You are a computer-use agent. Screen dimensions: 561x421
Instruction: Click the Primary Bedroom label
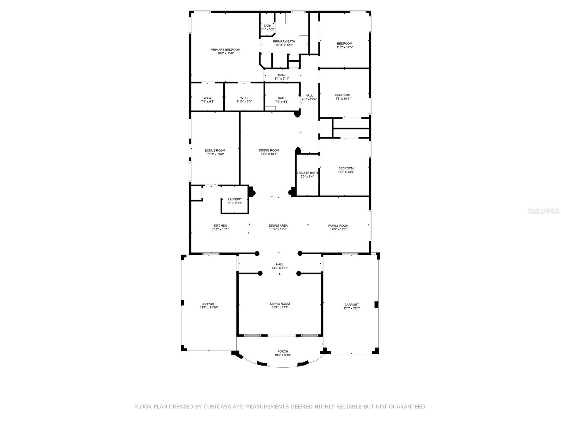pos(225,49)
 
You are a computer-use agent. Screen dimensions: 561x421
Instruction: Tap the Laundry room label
pos(235,199)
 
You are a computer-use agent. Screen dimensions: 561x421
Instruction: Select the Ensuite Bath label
pos(307,173)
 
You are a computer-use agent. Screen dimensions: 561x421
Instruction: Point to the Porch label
pos(282,351)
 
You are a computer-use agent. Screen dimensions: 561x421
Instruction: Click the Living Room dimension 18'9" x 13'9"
pos(280,307)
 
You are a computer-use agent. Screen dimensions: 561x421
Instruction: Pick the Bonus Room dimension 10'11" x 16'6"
pos(215,154)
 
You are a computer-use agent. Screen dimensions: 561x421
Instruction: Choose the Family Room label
pos(338,226)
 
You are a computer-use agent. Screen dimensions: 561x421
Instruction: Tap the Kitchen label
pos(220,226)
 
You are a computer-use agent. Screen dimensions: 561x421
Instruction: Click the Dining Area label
pos(278,226)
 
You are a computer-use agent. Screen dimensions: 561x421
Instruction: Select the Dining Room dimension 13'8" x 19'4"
pos(269,154)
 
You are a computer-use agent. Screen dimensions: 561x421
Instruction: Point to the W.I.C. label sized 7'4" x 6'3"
pos(208,98)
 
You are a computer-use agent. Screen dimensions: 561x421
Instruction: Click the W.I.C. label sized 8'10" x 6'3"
pos(244,98)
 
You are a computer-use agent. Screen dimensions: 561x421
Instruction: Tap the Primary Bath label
pos(284,41)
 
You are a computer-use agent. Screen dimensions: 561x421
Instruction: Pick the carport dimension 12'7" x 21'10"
pos(209,307)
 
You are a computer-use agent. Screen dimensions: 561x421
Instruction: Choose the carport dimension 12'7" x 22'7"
pos(351,308)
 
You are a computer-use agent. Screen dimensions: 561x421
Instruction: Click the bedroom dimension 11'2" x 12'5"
pos(345,47)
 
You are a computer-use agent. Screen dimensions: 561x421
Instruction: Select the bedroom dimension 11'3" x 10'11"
pos(343,99)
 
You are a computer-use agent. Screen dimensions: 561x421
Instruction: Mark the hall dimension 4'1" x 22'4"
pos(309,99)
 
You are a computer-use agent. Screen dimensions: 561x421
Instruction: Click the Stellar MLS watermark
pos(543,210)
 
